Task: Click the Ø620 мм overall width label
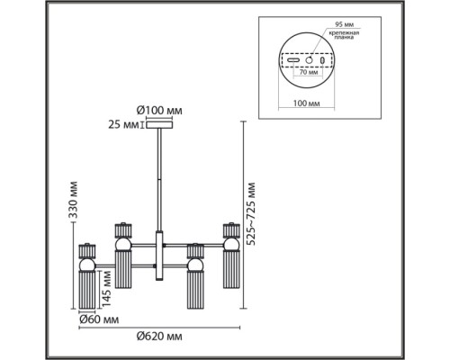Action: tap(159, 337)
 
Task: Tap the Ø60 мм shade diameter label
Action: tap(99, 319)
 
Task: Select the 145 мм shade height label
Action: tap(106, 289)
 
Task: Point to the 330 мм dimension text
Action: tap(73, 200)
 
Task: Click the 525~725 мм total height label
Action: tap(251, 213)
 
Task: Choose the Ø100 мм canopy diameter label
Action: tap(159, 111)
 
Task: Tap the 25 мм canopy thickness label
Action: tap(123, 125)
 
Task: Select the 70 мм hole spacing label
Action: tap(308, 72)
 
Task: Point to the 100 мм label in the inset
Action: tap(306, 103)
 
